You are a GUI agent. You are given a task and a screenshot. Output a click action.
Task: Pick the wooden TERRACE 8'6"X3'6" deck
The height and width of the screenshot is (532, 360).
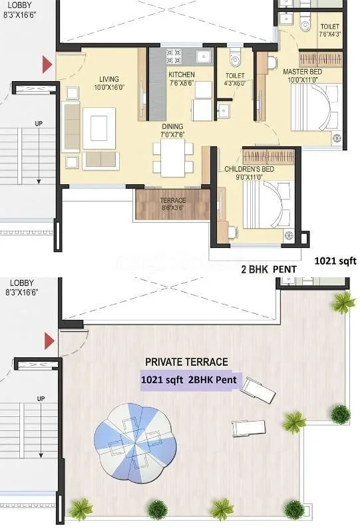tap(172, 205)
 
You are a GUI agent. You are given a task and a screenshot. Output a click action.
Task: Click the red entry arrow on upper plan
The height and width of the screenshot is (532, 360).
tap(47, 65)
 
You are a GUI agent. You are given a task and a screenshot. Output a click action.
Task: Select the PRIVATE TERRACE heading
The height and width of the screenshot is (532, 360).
tap(186, 362)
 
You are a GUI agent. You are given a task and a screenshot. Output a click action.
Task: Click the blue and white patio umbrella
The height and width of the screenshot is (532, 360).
tap(136, 440)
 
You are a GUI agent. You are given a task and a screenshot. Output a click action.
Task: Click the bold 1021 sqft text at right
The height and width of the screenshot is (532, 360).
tap(335, 261)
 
